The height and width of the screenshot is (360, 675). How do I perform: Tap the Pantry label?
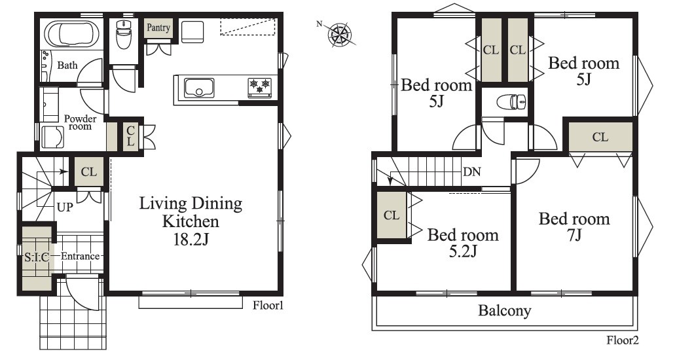pyautogui.click(x=158, y=27)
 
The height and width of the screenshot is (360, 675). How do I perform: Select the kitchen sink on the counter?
pyautogui.click(x=199, y=88)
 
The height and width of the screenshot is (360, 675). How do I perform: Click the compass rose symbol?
pyautogui.click(x=340, y=35)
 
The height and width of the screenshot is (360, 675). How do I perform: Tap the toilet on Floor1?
pyautogui.click(x=123, y=35)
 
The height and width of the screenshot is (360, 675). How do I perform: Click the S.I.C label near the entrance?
pyautogui.click(x=37, y=257)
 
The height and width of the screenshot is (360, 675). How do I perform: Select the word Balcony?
pyautogui.click(x=505, y=310)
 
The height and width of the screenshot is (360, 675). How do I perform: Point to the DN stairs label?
pyautogui.click(x=472, y=171)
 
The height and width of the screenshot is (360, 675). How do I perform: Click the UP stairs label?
pyautogui.click(x=65, y=207)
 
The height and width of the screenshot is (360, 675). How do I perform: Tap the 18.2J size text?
pyautogui.click(x=191, y=240)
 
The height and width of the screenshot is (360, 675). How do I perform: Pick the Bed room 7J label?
pyautogui.click(x=574, y=226)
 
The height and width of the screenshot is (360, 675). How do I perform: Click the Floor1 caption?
pyautogui.click(x=268, y=305)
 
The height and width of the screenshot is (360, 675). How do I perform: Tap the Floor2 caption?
pyautogui.click(x=623, y=340)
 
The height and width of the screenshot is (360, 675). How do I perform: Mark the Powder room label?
pyautogui.click(x=81, y=122)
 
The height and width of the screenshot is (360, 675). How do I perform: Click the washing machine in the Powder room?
pyautogui.click(x=52, y=137)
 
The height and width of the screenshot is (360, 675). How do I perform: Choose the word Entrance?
pyautogui.click(x=80, y=256)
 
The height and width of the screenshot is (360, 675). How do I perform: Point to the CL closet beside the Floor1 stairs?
pyautogui.click(x=89, y=171)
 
